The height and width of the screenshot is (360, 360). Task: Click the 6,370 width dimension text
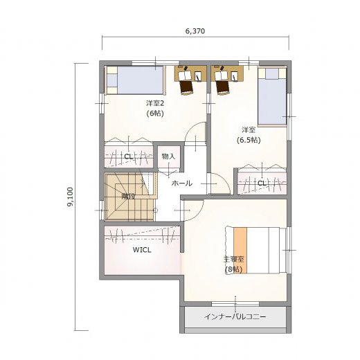click(x=195, y=31)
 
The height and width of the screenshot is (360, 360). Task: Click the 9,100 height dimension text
click(x=70, y=197)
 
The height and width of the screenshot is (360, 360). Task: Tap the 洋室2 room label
click(x=155, y=103)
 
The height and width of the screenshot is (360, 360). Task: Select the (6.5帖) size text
click(x=249, y=140)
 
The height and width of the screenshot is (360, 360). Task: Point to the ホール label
click(x=182, y=183)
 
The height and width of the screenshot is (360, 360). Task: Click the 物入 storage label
click(x=168, y=156)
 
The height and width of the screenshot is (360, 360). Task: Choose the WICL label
click(x=142, y=250)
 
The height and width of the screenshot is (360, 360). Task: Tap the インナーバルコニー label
click(x=235, y=316)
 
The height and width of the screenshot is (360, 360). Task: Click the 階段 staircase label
click(x=128, y=197)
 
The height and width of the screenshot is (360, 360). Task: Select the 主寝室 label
click(x=233, y=259)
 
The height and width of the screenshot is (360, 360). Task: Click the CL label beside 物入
click(x=128, y=157)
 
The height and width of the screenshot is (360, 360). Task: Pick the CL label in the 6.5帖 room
click(x=262, y=183)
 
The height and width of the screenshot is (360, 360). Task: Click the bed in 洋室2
click(x=135, y=80)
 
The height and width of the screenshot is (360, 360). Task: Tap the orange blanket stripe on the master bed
click(x=240, y=251)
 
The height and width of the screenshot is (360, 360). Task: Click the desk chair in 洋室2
click(x=186, y=87)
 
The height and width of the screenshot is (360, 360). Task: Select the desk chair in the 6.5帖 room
click(x=223, y=87)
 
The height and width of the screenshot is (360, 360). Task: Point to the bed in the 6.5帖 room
click(x=272, y=97)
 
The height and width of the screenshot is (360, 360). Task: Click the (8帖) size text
click(x=233, y=269)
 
